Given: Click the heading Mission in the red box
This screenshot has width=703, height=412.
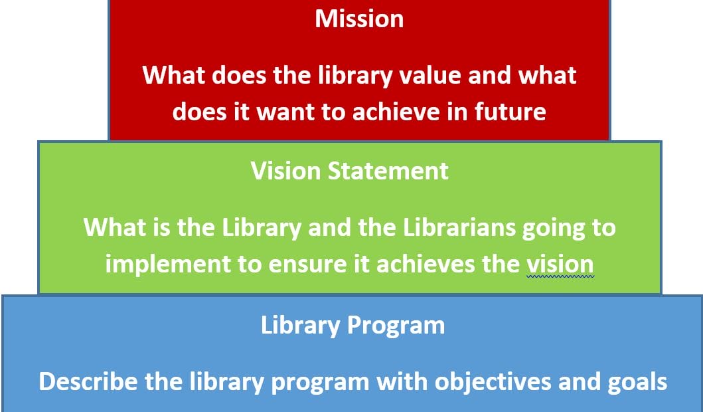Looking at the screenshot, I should tap(359, 19).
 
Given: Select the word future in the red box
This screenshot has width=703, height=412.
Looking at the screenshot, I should tap(510, 111).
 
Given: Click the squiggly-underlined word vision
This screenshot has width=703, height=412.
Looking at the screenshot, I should tap(560, 264).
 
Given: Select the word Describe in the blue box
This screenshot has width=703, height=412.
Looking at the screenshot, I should tap(85, 382).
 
